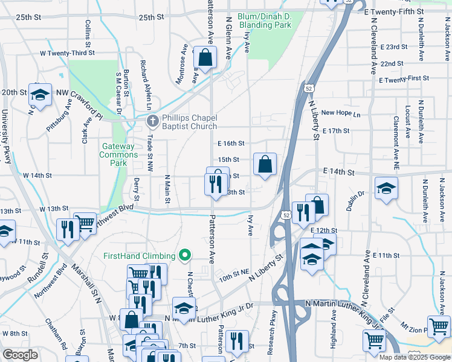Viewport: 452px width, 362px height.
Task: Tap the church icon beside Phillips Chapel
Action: (152, 121)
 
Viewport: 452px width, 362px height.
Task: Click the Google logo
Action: (21, 355)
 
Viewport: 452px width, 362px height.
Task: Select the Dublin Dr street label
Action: (355, 201)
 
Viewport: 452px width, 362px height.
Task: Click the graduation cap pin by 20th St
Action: (40, 95)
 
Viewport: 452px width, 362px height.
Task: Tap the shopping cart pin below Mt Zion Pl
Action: (439, 327)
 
